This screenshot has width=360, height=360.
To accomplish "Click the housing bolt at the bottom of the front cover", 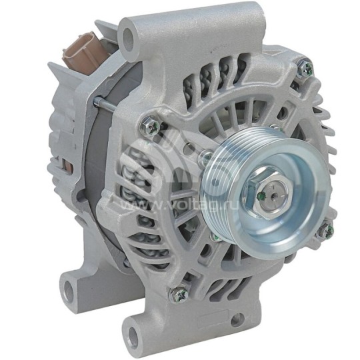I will coord(179,291).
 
